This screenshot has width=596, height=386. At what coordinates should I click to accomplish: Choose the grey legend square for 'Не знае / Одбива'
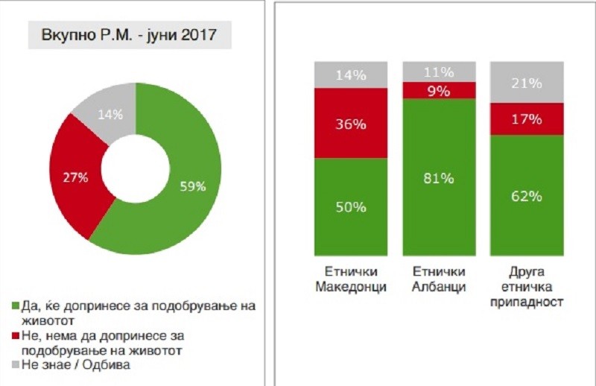(x=17, y=364)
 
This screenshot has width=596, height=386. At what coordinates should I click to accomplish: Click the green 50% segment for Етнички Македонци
(x=350, y=206)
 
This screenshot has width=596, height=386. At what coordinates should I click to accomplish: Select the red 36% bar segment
(x=350, y=124)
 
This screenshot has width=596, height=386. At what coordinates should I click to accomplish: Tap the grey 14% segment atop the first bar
(x=350, y=75)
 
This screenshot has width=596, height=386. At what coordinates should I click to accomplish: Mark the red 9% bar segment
(x=439, y=90)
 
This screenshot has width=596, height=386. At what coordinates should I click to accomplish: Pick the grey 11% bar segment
(x=439, y=72)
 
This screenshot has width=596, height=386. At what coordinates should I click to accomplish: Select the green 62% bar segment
(x=527, y=196)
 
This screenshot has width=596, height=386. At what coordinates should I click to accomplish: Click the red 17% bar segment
(x=527, y=119)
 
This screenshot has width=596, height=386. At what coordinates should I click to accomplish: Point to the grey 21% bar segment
(x=527, y=83)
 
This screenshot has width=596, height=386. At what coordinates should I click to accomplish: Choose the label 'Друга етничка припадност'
(x=527, y=288)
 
